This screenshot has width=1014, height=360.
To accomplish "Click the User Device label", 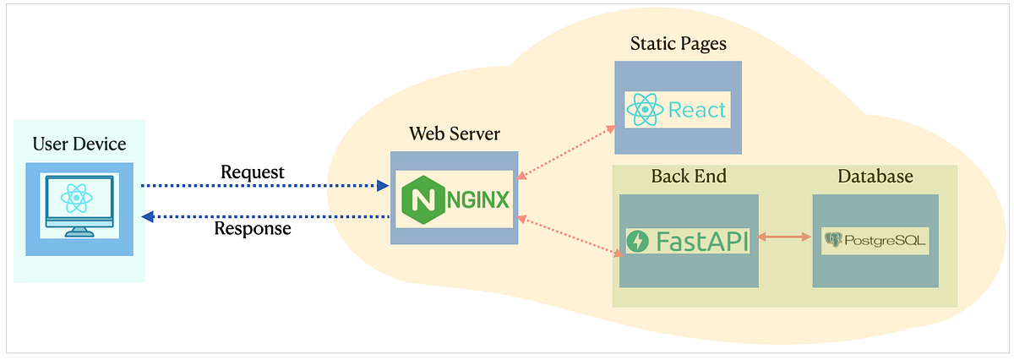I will [x=79, y=144].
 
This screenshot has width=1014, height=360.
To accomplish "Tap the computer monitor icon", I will [x=76, y=204].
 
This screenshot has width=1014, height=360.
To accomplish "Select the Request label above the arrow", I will [x=253, y=172].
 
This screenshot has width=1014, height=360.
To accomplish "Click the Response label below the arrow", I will [x=253, y=228].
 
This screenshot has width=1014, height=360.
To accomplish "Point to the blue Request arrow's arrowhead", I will [x=382, y=185].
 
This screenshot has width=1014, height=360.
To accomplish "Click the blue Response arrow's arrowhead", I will [x=147, y=216].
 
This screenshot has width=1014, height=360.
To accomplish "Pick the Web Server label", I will [x=454, y=134].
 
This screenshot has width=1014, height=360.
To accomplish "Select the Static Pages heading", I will [x=678, y=43].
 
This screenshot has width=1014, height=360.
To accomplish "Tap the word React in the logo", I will [x=697, y=110].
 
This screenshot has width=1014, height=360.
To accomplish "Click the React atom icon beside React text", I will [x=644, y=110].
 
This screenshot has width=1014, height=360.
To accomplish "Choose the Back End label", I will [x=689, y=177].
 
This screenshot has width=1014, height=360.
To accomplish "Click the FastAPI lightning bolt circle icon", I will [x=638, y=241].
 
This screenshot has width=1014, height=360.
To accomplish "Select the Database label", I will [x=875, y=177].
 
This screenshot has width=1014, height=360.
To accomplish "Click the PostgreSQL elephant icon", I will [x=834, y=241].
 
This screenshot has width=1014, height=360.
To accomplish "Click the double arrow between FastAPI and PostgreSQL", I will [x=785, y=237].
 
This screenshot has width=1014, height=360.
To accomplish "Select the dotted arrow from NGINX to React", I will [x=564, y=153].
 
